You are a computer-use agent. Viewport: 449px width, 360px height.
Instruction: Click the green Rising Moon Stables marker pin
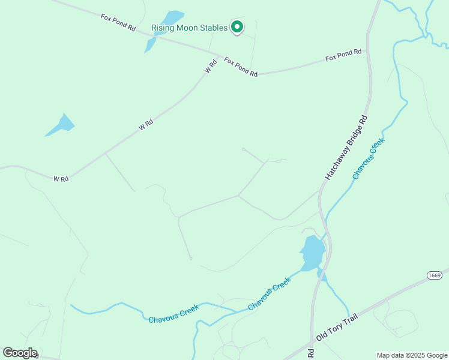(x=237, y=27)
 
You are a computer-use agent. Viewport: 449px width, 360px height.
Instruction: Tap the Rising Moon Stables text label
(x=189, y=28)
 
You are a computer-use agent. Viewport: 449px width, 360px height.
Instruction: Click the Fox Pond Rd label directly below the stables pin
(x=241, y=66)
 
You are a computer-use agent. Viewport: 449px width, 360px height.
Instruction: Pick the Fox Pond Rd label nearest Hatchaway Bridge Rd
(x=343, y=55)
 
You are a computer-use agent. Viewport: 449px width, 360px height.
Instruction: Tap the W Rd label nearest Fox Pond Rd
(x=209, y=66)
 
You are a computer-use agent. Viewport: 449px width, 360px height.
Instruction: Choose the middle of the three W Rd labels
(x=146, y=125)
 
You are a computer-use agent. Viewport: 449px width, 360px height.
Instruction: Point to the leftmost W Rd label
(x=61, y=179)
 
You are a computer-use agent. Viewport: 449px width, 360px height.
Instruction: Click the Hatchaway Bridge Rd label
(x=346, y=148)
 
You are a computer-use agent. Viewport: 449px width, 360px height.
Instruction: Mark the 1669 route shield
(x=435, y=275)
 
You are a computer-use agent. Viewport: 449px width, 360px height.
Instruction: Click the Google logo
(x=20, y=353)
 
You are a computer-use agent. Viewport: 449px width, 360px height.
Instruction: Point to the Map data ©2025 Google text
(x=412, y=355)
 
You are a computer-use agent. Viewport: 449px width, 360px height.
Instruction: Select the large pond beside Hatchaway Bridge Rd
(x=312, y=253)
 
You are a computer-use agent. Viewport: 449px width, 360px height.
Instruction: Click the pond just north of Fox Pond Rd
(x=172, y=17)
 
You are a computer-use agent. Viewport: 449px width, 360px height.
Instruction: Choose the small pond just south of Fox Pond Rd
(x=150, y=44)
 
